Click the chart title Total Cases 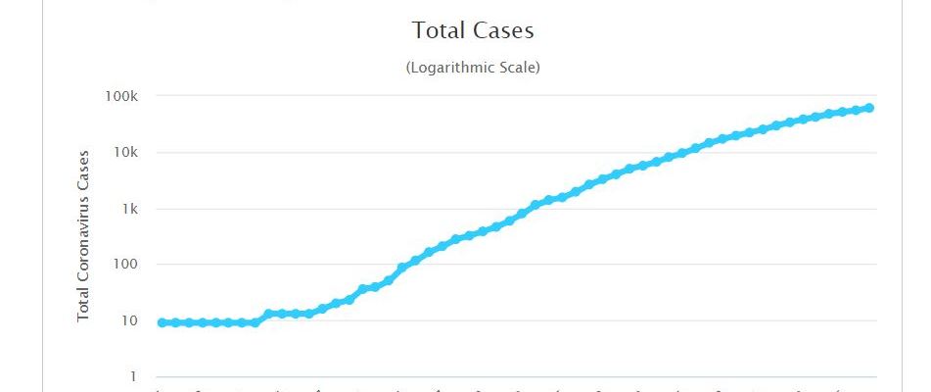tap(473, 30)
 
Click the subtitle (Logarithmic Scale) tap(473, 68)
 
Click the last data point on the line tap(869, 108)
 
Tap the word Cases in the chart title tap(503, 30)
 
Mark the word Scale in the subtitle tap(517, 68)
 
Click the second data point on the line tap(175, 322)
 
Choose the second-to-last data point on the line tap(856, 110)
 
